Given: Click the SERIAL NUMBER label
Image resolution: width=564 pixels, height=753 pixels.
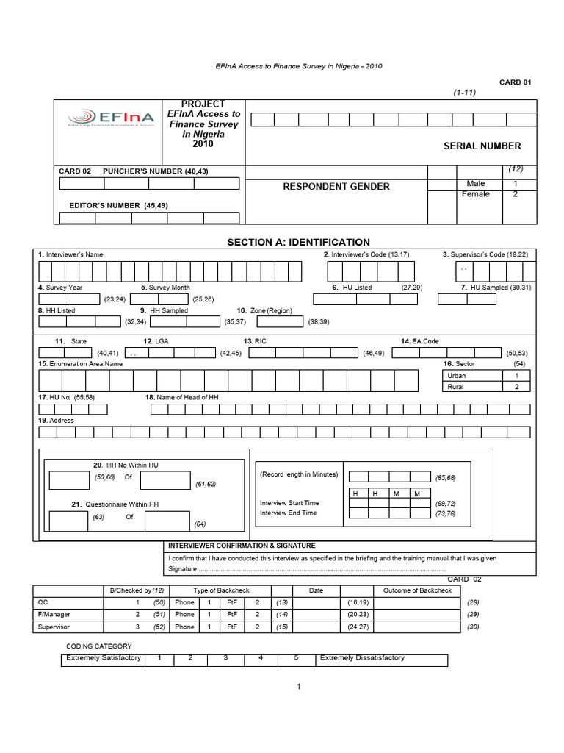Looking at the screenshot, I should (482, 146).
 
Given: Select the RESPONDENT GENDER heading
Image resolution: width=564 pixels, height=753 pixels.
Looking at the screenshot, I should (336, 187).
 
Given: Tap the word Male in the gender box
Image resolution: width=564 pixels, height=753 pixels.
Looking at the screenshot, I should (476, 183).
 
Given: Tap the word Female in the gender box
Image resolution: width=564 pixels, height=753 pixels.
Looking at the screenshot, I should (476, 194).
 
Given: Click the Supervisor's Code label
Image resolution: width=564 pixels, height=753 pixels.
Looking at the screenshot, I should (485, 254).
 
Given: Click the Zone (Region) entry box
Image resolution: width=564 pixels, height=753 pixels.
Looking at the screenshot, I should (279, 321).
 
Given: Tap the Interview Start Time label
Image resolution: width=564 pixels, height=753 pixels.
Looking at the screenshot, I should (289, 503).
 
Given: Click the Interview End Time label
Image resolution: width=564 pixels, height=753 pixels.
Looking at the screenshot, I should (288, 513).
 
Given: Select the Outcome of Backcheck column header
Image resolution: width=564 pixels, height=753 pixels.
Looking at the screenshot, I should (417, 590).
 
